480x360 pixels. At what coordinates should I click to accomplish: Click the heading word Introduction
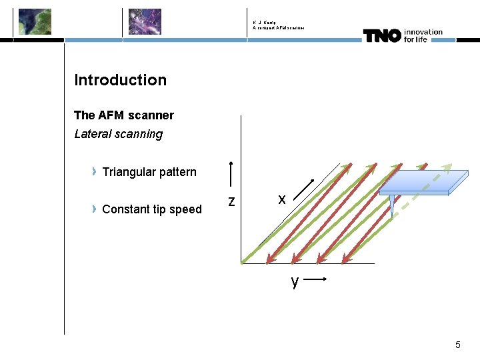tap(121, 80)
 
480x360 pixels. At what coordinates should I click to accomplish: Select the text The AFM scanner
tap(124, 115)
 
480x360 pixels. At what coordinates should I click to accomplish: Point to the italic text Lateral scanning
tap(119, 134)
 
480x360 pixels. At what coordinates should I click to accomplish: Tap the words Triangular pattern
tap(149, 172)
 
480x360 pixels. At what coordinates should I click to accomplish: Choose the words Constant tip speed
tap(152, 209)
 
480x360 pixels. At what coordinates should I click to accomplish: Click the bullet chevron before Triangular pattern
tap(95, 172)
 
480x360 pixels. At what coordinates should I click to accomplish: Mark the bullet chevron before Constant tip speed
tap(95, 209)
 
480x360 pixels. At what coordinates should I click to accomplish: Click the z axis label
tap(231, 201)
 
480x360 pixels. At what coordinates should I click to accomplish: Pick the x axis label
tap(282, 199)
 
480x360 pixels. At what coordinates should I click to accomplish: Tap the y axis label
tap(295, 281)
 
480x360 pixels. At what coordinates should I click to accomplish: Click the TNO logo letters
tap(382, 35)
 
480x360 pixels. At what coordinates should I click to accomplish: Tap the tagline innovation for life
tap(423, 35)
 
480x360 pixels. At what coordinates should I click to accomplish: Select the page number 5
tap(457, 345)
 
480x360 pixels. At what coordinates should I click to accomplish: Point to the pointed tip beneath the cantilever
tap(392, 207)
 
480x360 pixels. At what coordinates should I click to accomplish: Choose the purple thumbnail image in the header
tap(145, 21)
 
